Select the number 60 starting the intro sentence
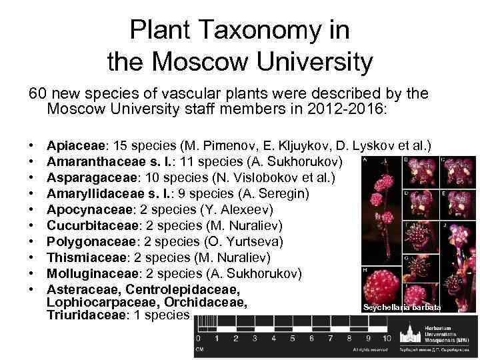coord(37,94)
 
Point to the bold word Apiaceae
coord(76,145)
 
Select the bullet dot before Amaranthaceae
coord(31,161)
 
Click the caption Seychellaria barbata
coord(401,307)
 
